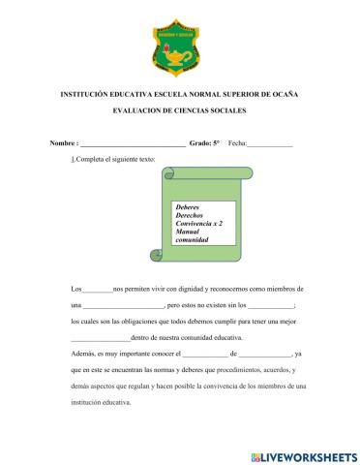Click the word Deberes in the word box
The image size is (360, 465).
[x=187, y=207]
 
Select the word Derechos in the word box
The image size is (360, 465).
[x=189, y=215]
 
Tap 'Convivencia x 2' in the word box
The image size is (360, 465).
[x=199, y=224]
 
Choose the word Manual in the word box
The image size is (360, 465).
[x=187, y=232]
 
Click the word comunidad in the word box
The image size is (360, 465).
[x=193, y=240]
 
